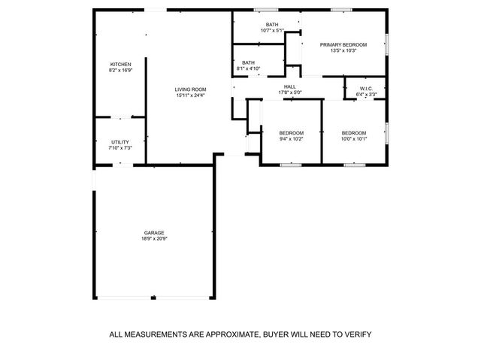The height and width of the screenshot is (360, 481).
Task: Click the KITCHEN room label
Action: [x=121, y=65]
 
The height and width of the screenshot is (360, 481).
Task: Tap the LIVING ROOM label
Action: [x=191, y=89]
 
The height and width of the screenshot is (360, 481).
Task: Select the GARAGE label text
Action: [x=154, y=232]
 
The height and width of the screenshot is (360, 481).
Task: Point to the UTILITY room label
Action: [x=120, y=142]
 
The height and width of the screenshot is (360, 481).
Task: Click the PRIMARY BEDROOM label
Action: [x=343, y=45]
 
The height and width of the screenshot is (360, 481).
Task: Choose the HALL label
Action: [x=289, y=86]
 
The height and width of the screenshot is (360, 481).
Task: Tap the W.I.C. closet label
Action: [x=367, y=89]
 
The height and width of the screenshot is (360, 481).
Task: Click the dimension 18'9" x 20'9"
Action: [x=154, y=239]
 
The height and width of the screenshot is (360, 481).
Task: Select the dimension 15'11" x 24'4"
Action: [x=191, y=95]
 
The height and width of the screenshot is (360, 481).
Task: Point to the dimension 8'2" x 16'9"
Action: [x=121, y=71]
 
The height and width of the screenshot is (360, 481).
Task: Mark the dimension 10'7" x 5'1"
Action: [x=272, y=30]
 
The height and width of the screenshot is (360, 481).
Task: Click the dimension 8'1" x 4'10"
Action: [x=248, y=68]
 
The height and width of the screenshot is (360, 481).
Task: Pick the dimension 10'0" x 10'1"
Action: [x=353, y=138]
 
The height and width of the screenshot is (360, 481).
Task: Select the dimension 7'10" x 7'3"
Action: [x=120, y=148]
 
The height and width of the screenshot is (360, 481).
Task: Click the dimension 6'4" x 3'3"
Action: [x=367, y=95]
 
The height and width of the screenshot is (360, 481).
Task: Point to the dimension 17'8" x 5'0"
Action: [x=289, y=92]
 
